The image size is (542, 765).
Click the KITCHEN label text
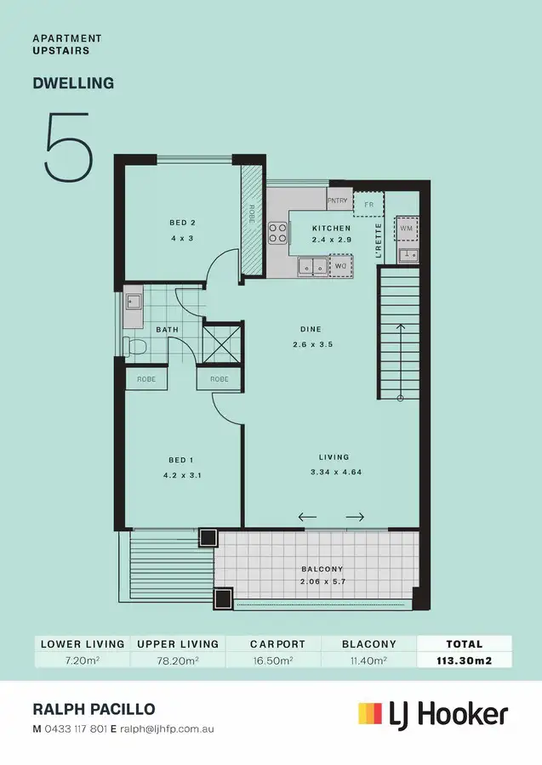(x=331, y=229)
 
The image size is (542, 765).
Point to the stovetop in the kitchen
(x=278, y=232)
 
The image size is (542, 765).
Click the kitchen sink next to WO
(x=311, y=267)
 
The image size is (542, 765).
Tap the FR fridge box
(x=369, y=205)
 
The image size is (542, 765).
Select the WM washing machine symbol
(x=407, y=229)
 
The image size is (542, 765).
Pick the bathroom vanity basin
(x=134, y=302)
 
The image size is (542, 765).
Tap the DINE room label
(x=310, y=330)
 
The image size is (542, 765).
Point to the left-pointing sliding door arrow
(x=306, y=516)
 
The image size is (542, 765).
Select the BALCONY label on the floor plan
(x=322, y=569)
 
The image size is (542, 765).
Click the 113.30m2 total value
(x=464, y=660)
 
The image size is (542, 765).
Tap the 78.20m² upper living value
(x=178, y=660)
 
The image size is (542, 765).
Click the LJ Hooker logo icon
(x=370, y=713)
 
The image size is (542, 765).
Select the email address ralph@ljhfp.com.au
(x=166, y=728)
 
